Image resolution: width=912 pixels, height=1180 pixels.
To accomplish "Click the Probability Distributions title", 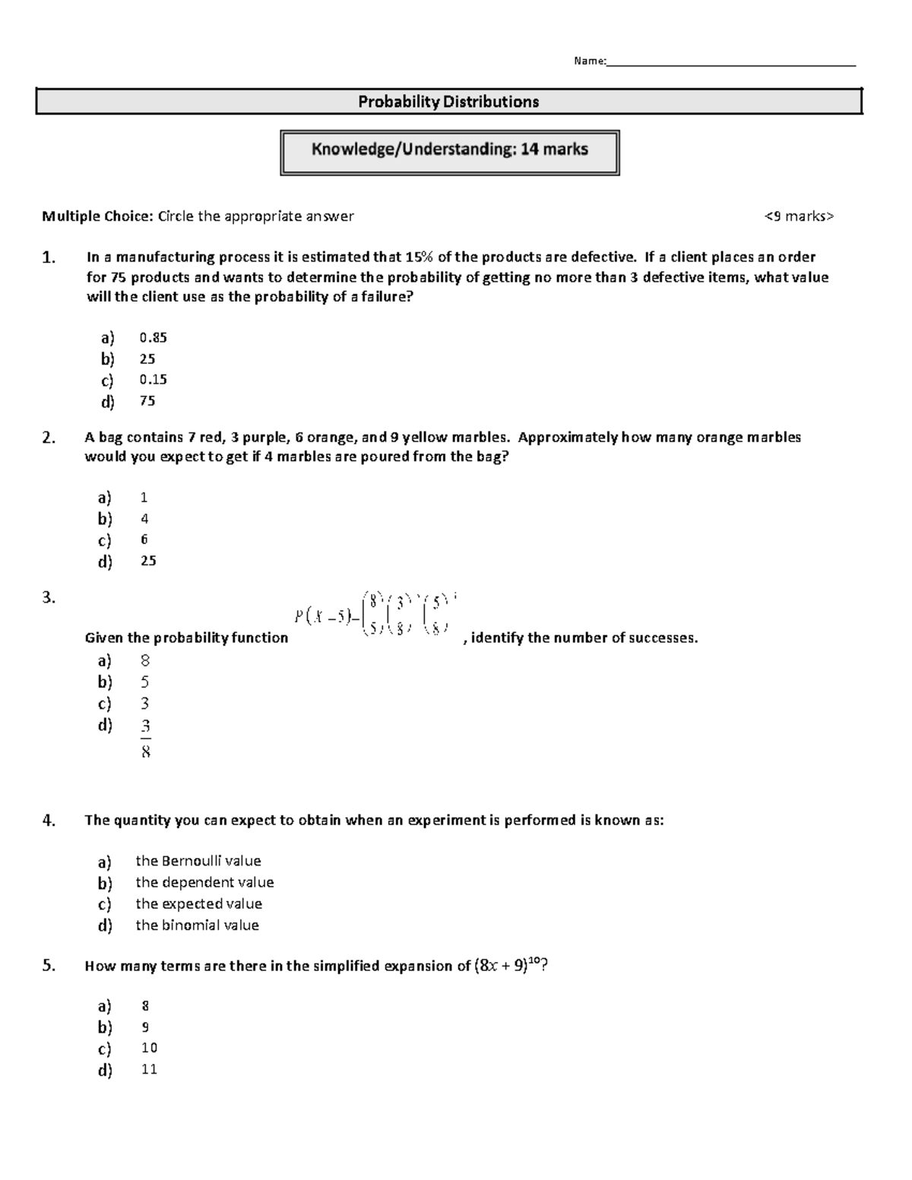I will coord(448,102).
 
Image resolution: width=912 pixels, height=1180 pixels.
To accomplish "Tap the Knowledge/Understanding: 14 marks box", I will coord(449,150).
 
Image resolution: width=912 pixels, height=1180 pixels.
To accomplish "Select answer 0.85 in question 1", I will coord(153,337).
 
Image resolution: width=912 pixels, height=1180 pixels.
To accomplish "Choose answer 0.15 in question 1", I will coord(153,379).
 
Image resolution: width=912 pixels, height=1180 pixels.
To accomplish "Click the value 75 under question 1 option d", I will coord(147,400).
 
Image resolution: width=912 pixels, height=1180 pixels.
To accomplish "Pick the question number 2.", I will coord(49,438).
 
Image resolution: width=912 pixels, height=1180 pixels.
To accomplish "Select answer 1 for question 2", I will coord(144,498).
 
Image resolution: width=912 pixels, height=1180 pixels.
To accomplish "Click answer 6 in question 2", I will coord(144,539).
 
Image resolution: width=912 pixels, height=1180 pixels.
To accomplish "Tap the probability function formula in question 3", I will coord(375,614).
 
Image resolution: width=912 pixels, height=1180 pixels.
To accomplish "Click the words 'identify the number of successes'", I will coord(584,638).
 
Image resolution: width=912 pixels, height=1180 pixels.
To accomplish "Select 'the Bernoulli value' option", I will coord(198,861).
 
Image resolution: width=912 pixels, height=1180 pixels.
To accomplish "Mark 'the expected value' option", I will coord(198,903).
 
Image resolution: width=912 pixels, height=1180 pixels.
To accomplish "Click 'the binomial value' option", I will coord(197,925).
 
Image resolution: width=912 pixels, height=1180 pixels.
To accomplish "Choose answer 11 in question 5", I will coord(149,1069).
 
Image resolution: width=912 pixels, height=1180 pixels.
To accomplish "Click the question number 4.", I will coord(49,821).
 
